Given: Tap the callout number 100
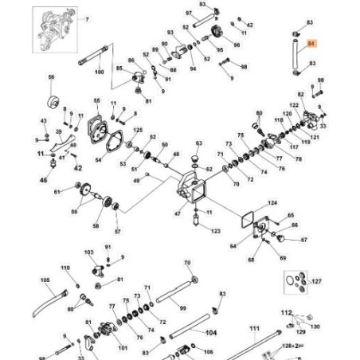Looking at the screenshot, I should click(100, 72).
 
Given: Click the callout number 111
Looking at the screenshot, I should click(254, 328).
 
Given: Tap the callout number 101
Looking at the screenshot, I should click(122, 347).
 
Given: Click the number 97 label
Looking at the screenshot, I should click(188, 14).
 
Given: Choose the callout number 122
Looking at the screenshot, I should click(294, 104).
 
